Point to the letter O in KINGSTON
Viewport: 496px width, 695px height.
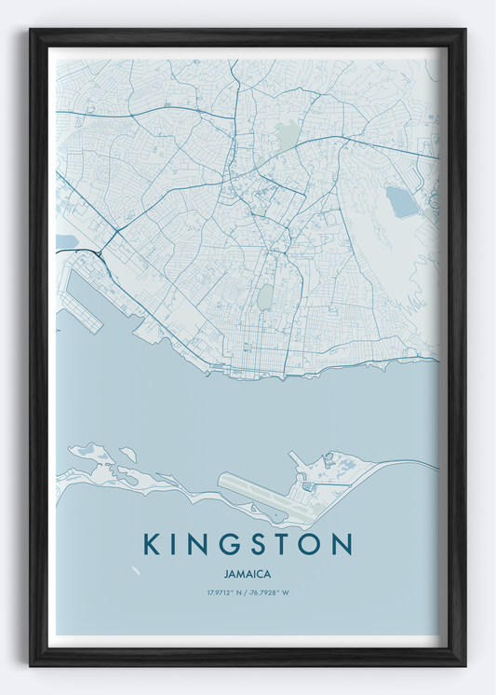point(310,544)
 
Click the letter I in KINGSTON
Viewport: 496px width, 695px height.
point(173,544)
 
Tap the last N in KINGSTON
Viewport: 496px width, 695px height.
point(342,544)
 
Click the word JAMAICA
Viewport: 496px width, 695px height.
point(248,574)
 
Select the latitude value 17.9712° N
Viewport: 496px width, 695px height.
point(224,593)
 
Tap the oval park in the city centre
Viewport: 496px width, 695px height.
point(264,297)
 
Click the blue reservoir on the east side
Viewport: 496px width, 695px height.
point(402,201)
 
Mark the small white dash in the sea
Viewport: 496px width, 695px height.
point(137,570)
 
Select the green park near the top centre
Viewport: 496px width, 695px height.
point(287,137)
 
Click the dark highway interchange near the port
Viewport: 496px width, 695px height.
point(97,252)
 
